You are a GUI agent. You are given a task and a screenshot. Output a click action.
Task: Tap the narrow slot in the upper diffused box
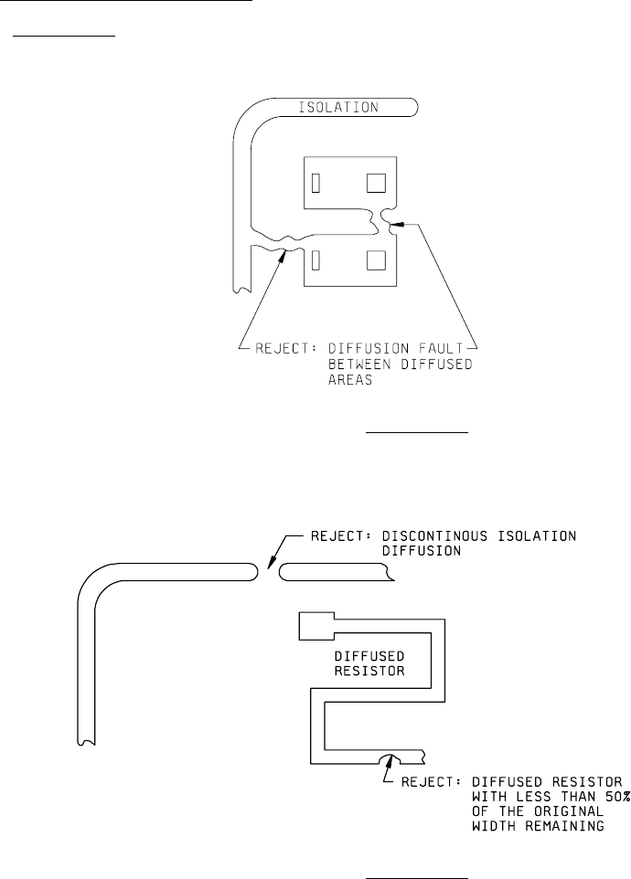(315, 184)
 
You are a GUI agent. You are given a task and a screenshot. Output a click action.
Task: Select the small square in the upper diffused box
(375, 184)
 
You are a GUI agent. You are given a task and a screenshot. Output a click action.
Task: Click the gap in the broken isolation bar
(268, 573)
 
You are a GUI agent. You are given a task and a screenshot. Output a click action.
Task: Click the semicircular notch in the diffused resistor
(391, 758)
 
